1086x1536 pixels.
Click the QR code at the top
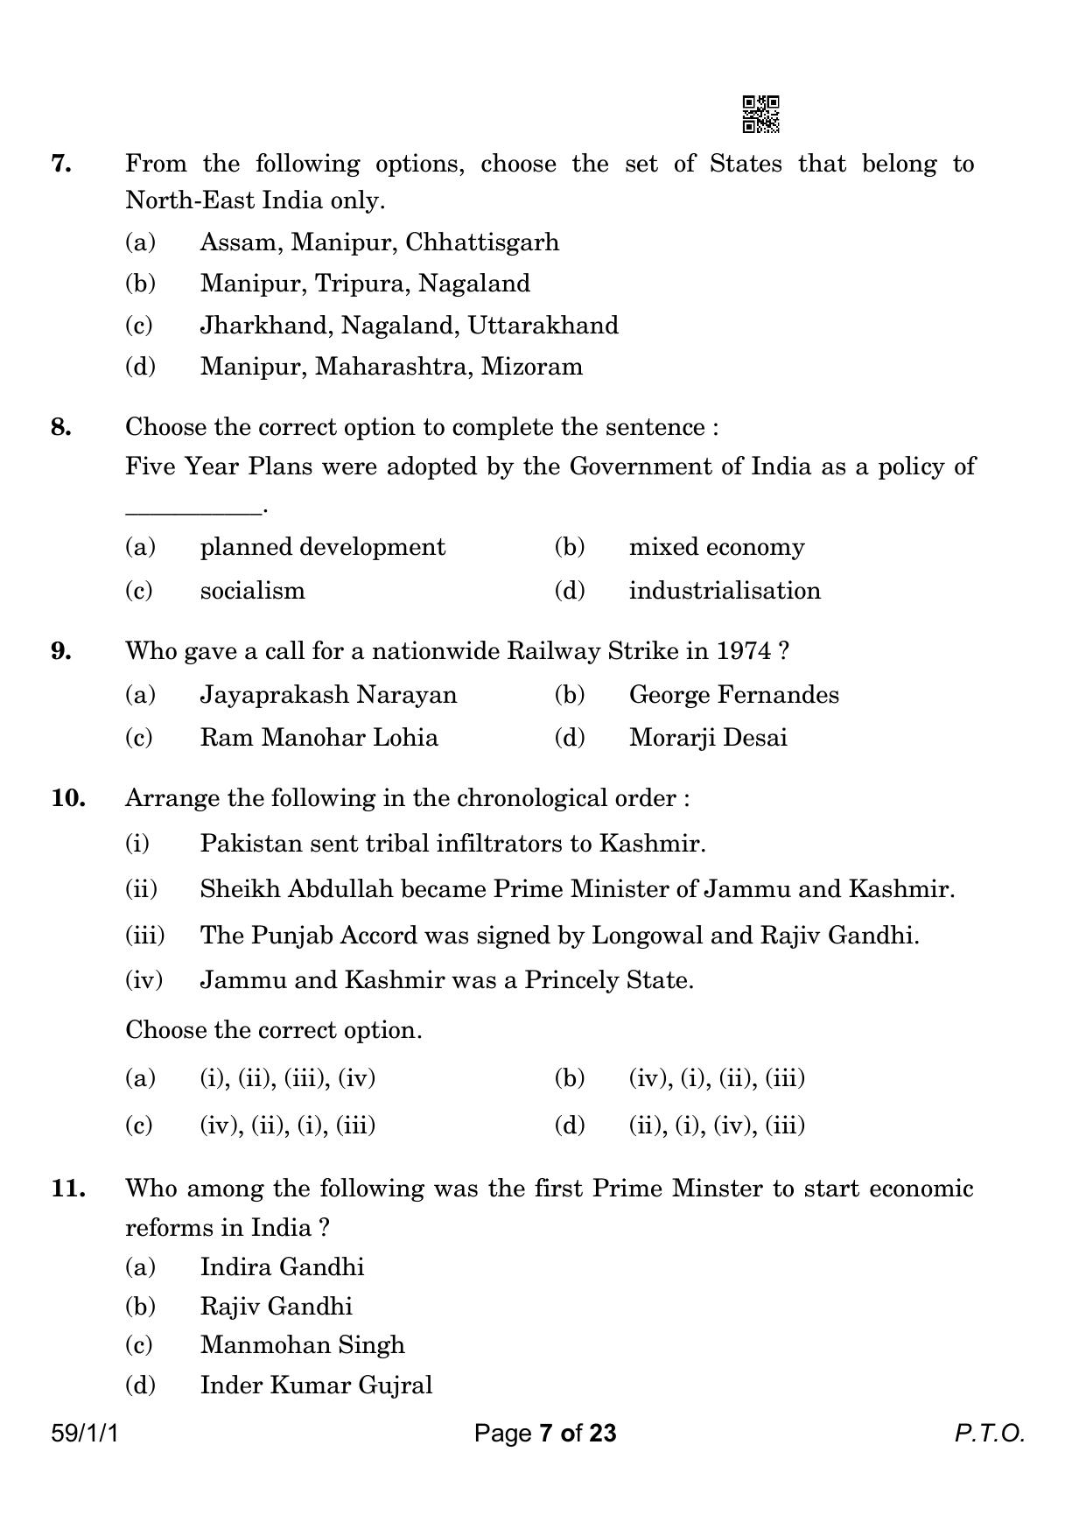pyautogui.click(x=760, y=114)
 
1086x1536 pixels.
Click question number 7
pyautogui.click(x=61, y=164)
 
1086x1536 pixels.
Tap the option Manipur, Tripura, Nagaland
pyautogui.click(x=364, y=284)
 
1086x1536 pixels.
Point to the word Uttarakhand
pyautogui.click(x=543, y=326)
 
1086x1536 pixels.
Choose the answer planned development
pyautogui.click(x=322, y=547)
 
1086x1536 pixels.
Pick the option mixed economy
pyautogui.click(x=716, y=547)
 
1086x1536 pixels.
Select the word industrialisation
pyautogui.click(x=725, y=591)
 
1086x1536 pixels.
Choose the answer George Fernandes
pyautogui.click(x=733, y=695)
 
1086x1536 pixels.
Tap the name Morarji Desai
pyautogui.click(x=707, y=738)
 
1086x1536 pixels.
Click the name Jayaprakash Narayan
pyautogui.click(x=328, y=695)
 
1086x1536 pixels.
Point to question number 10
pyautogui.click(x=67, y=798)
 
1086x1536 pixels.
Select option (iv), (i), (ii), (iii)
pyautogui.click(x=716, y=1077)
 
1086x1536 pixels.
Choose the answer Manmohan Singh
pyautogui.click(x=302, y=1345)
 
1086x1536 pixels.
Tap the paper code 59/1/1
pyautogui.click(x=84, y=1434)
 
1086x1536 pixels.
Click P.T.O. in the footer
pyautogui.click(x=988, y=1434)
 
